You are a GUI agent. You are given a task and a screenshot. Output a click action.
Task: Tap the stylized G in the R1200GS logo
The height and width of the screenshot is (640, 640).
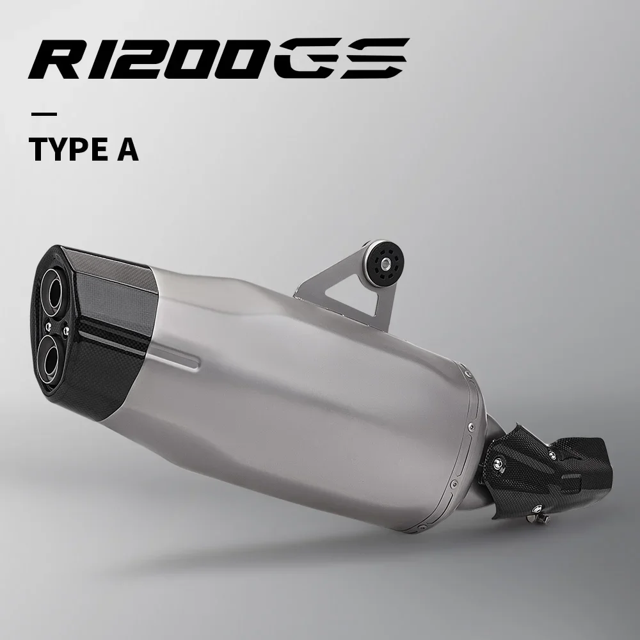tap(305, 58)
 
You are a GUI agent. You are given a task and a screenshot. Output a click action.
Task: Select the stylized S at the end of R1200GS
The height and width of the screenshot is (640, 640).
tap(372, 58)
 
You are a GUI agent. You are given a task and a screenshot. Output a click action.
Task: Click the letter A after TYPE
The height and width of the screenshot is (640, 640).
tap(127, 149)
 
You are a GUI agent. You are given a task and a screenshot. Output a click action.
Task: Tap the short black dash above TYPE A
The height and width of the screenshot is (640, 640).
tap(44, 114)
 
